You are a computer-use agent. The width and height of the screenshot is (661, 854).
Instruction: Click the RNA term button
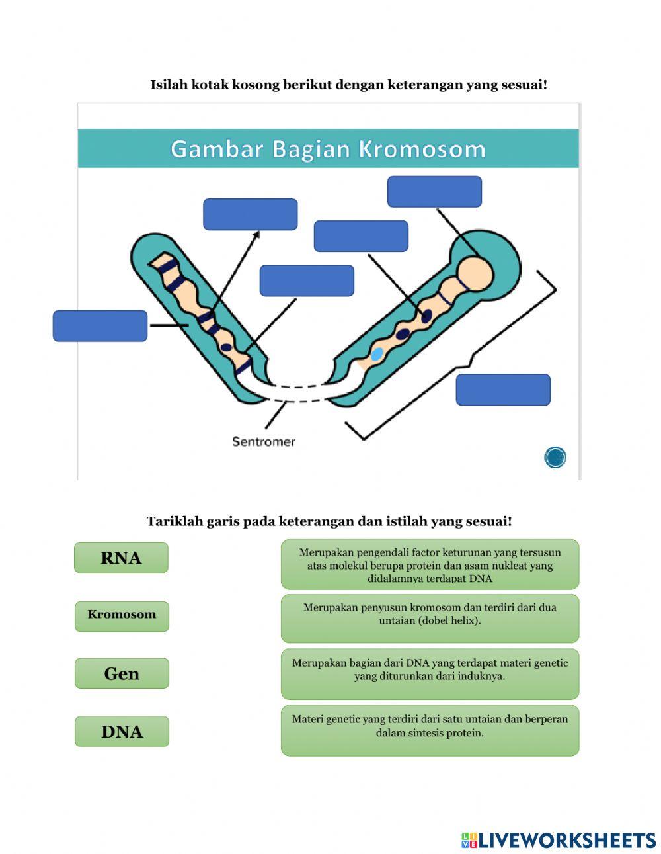(121, 558)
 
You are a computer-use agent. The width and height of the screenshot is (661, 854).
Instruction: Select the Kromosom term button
(122, 615)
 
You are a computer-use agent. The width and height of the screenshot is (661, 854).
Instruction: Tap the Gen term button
(122, 673)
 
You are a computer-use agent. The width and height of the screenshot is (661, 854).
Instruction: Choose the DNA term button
(122, 731)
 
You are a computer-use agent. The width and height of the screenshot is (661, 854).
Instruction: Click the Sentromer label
(263, 441)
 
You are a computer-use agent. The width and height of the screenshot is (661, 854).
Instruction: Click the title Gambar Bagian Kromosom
(328, 149)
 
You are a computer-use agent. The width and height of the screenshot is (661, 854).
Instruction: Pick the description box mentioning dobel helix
(430, 618)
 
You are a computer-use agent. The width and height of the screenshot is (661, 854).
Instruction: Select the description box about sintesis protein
(430, 730)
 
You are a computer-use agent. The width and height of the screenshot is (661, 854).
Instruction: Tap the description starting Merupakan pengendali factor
(430, 564)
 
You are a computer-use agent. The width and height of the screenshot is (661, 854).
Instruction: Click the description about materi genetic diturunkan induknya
(430, 673)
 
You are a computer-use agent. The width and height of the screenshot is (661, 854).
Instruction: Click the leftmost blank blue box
(100, 325)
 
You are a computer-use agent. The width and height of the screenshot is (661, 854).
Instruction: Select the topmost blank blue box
(434, 191)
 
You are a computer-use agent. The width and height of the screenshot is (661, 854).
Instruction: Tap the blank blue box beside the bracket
(502, 390)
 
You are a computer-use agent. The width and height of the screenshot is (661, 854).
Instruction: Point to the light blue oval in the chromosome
(377, 354)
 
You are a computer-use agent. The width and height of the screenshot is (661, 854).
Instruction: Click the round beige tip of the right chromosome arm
(476, 272)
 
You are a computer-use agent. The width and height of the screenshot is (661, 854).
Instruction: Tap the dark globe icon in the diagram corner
(555, 457)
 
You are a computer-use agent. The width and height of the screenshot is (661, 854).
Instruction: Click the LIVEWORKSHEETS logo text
(566, 840)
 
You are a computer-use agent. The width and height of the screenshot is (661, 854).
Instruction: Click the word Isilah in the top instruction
(169, 85)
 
